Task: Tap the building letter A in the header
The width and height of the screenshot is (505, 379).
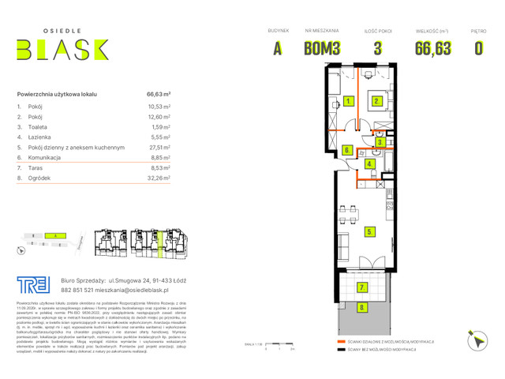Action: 277,48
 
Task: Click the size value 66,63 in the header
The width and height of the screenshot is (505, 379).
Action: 433,48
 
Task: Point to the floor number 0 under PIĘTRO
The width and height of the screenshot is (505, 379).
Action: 478,48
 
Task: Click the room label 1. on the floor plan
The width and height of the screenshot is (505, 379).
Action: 348,101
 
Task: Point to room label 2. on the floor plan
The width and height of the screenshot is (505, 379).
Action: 378,101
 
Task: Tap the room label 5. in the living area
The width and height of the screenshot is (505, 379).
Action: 369,232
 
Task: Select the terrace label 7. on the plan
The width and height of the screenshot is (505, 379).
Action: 362,287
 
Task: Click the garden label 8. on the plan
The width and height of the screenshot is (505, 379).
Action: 362,307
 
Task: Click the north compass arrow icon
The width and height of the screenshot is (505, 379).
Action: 476,340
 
